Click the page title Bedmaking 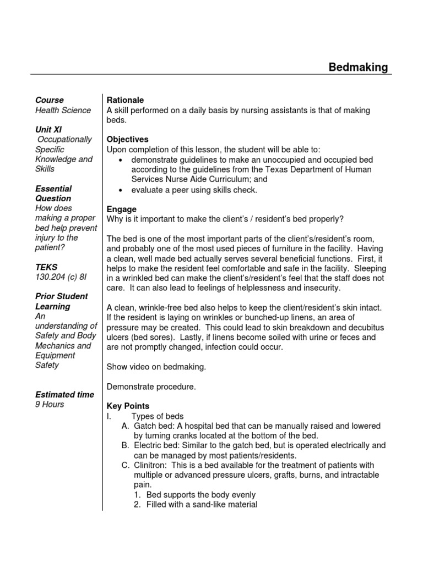point(358,67)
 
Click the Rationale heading point(125,100)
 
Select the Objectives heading point(127,140)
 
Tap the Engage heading point(121,209)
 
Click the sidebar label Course point(50,100)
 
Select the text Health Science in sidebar point(63,110)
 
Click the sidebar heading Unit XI point(48,130)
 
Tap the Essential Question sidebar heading point(53,194)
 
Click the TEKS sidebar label point(46,267)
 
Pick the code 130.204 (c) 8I point(61,277)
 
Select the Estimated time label point(64,395)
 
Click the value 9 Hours point(50,405)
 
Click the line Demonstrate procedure point(151,387)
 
